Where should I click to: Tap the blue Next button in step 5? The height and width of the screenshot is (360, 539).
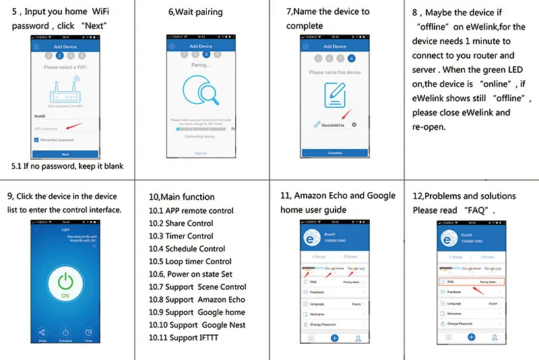(65, 154)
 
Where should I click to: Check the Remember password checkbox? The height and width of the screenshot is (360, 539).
(36, 140)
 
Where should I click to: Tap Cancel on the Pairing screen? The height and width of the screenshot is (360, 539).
(201, 153)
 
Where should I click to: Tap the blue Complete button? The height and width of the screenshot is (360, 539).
(335, 153)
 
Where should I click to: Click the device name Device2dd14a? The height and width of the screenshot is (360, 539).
(333, 125)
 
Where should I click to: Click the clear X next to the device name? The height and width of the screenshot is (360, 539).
(354, 125)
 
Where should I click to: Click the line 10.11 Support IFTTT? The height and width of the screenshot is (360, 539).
(185, 338)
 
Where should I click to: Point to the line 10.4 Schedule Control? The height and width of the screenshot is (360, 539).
(187, 249)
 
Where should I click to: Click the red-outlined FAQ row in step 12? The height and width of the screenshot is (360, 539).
(468, 282)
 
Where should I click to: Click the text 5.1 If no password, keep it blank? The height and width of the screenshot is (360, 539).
(67, 166)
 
